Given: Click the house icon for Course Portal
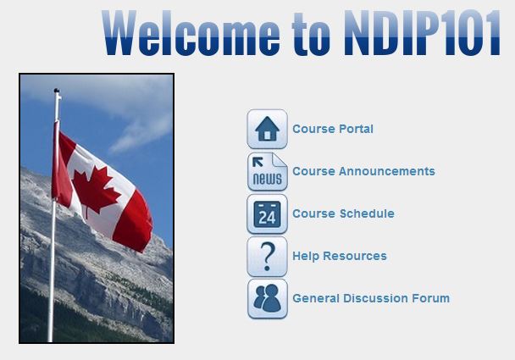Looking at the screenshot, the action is click(267, 129).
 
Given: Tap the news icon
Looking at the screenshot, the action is click(267, 171).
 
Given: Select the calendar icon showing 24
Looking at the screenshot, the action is click(267, 213).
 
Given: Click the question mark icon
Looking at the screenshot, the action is click(267, 256).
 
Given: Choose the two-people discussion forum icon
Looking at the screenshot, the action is click(267, 298).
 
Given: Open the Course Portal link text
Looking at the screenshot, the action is click(333, 129).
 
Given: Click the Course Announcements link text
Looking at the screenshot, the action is click(363, 171).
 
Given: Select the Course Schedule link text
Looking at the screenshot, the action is click(343, 213).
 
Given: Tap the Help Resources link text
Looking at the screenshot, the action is click(340, 256).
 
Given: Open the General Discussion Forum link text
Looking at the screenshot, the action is click(371, 298).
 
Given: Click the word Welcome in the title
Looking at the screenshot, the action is click(191, 33).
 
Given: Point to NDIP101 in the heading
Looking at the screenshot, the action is click(422, 32).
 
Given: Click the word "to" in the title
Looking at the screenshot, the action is click(311, 34).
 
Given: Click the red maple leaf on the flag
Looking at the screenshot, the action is click(96, 190).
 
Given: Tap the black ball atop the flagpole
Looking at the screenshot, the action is click(57, 91).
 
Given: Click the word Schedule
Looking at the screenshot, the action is click(367, 213).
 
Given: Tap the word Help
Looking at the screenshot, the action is click(306, 256).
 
